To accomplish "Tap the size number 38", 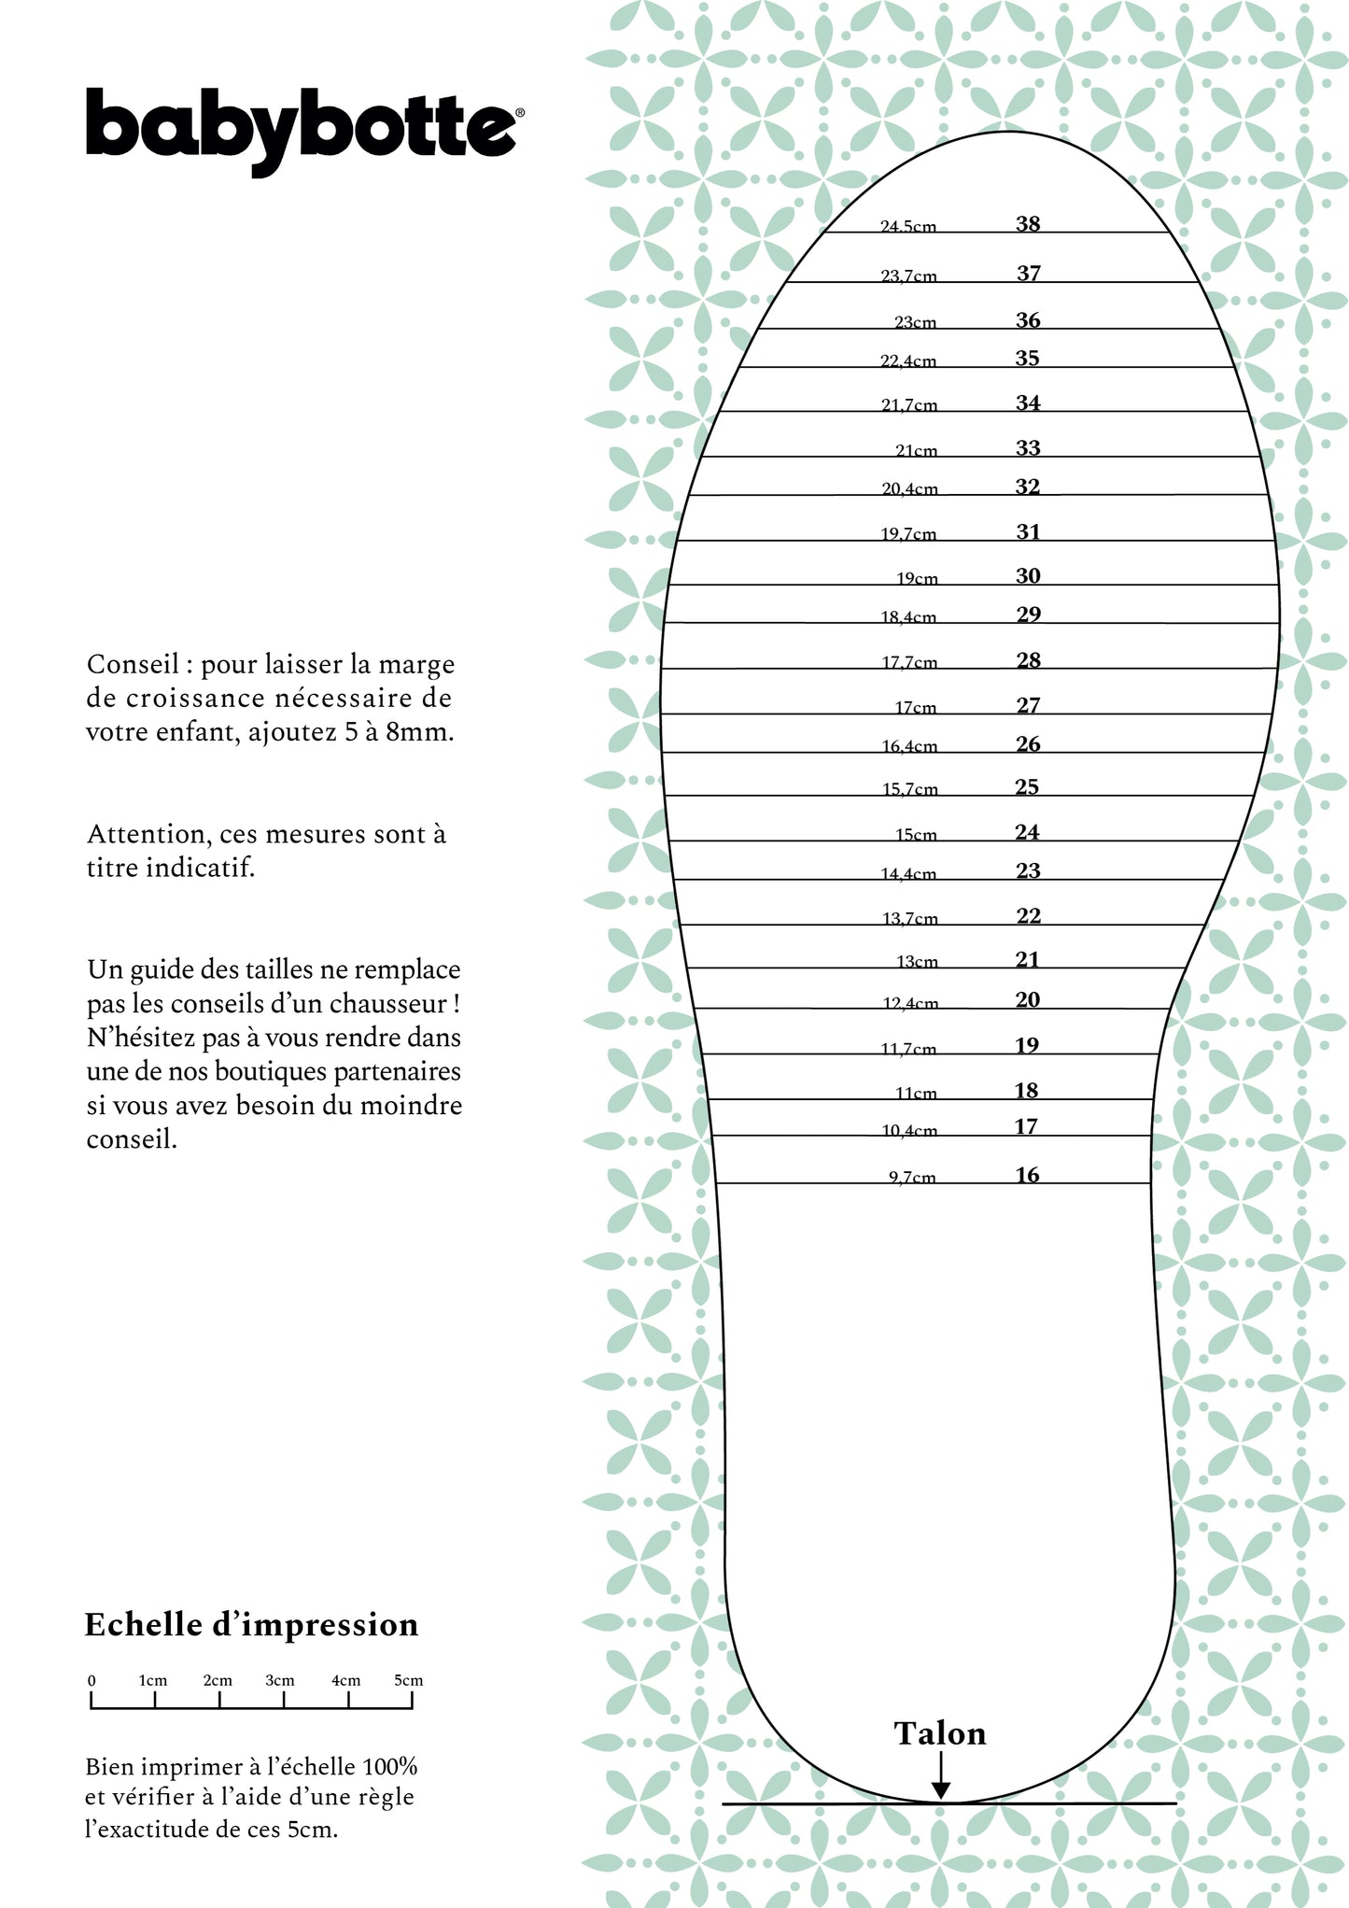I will (x=1028, y=223).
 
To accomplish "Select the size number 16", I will (x=1027, y=1175).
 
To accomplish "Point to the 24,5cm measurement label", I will (x=908, y=226).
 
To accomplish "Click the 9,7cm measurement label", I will (x=911, y=1177).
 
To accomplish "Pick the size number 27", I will (x=1028, y=705).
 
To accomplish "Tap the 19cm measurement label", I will (x=917, y=578).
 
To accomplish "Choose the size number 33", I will (x=1028, y=448).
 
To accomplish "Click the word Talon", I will (x=939, y=1733).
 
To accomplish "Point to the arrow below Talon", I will (x=941, y=1775).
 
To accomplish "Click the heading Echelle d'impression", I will (x=251, y=1625).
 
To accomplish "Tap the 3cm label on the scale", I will (x=279, y=1680).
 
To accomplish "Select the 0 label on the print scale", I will (x=91, y=1680).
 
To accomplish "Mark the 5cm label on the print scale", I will (x=408, y=1680).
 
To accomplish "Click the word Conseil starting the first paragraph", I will (x=133, y=664).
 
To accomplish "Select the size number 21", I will (x=1027, y=959).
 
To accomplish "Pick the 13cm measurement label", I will (x=917, y=961).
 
